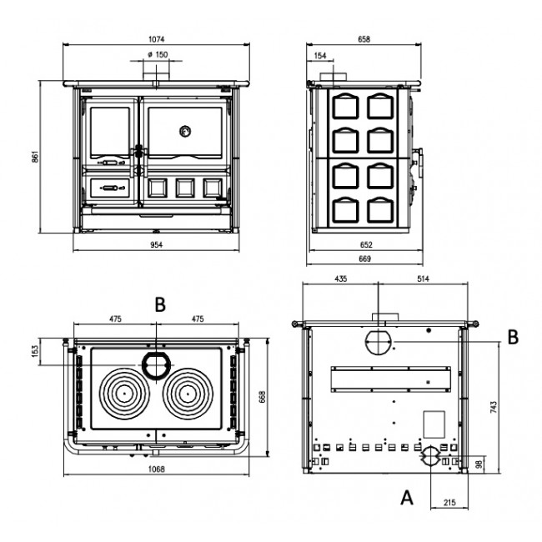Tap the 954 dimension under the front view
tap(157, 245)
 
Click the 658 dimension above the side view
tap(364, 38)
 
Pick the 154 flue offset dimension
tap(321, 56)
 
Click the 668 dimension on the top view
tap(262, 399)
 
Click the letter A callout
tap(406, 499)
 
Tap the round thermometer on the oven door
tap(184, 131)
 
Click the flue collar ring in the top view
tap(154, 364)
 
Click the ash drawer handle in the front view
tap(109, 189)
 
